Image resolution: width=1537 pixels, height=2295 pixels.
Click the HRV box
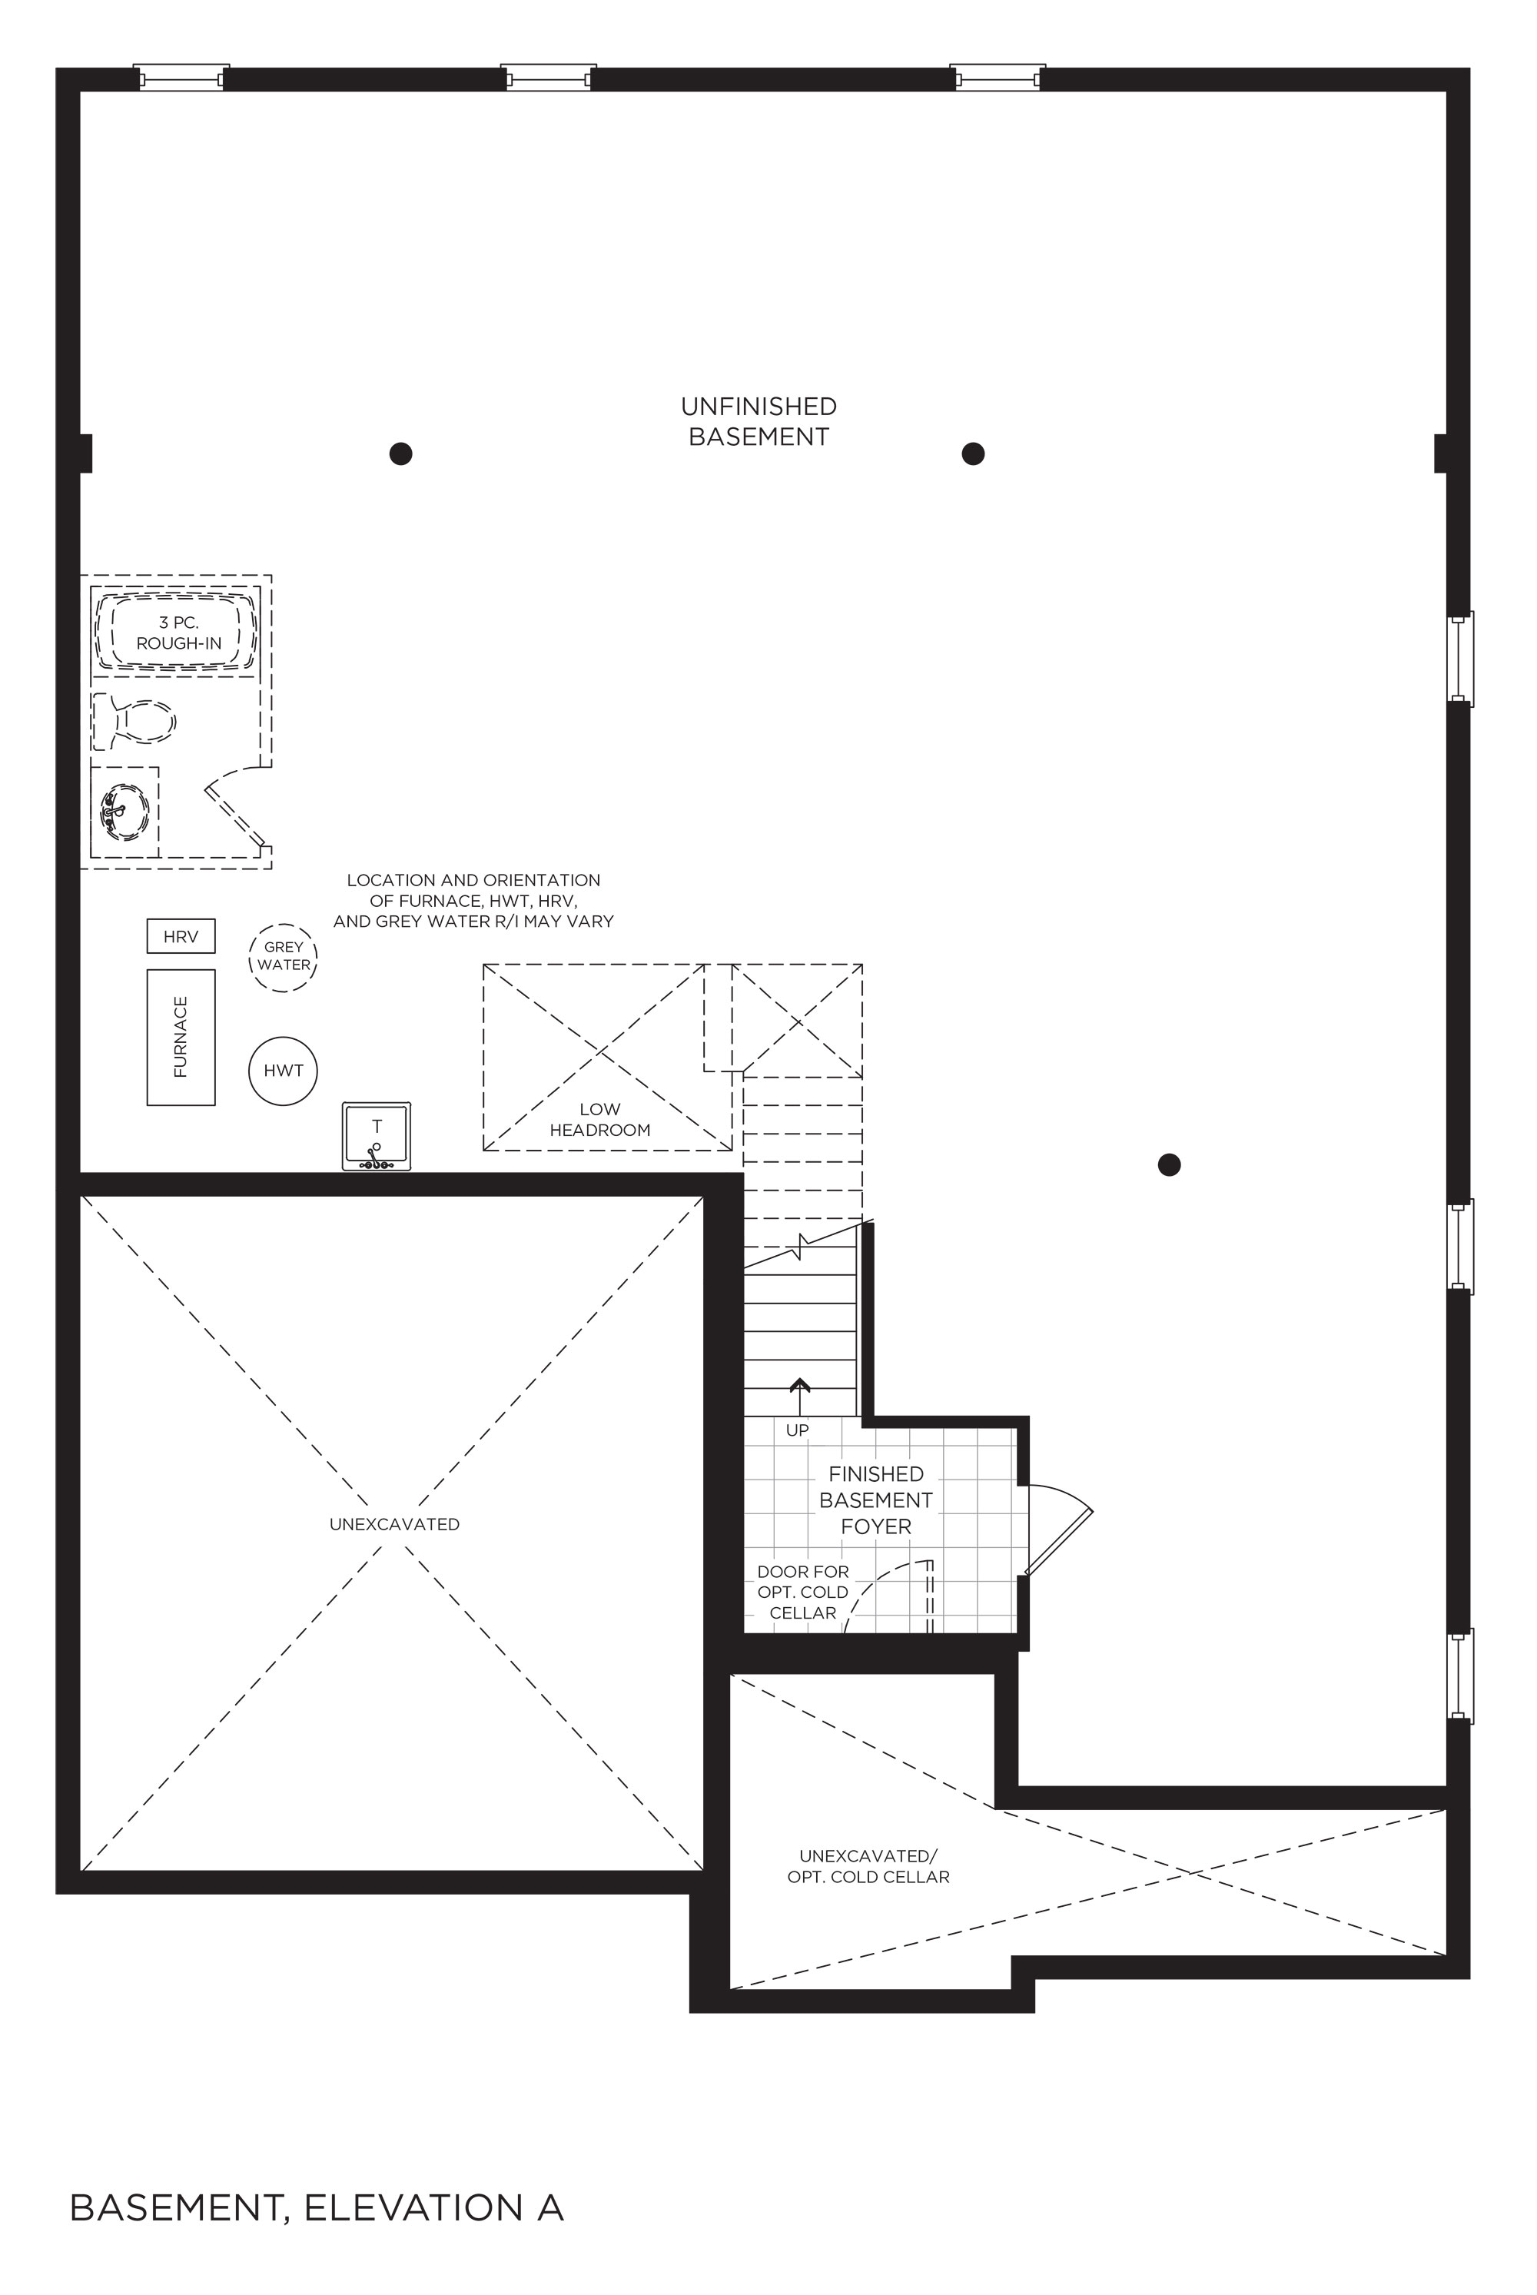(181, 935)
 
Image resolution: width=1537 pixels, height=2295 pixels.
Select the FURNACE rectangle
(181, 1038)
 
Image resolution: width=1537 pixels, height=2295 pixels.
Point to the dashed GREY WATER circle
(284, 924)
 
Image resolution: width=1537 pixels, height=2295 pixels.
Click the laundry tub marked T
(377, 1136)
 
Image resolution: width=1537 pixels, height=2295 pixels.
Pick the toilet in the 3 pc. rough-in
(134, 722)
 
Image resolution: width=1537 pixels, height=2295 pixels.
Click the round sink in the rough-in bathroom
(125, 812)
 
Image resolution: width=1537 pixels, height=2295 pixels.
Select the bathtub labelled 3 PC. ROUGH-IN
(177, 633)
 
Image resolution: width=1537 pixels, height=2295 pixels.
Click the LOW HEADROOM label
(600, 1120)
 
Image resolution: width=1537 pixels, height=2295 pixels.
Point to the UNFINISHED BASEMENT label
(759, 421)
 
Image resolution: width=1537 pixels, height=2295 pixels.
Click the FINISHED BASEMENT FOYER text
(876, 1500)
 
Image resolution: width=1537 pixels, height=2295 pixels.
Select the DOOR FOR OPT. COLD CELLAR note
(803, 1592)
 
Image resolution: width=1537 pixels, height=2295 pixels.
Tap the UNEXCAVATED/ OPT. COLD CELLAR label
(868, 1867)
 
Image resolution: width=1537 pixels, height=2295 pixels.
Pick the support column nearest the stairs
(1168, 1164)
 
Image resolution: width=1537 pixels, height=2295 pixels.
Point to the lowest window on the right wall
(1461, 1676)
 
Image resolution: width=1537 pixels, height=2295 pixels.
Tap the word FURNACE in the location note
(430, 901)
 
